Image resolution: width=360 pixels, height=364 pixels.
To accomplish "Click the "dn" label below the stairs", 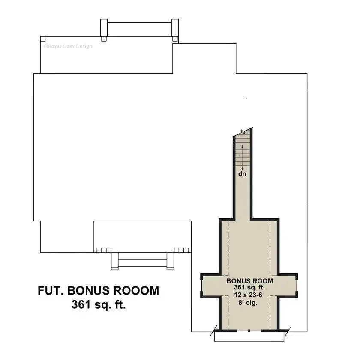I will (243, 174).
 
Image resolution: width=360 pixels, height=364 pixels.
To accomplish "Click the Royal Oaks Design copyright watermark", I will (67, 46).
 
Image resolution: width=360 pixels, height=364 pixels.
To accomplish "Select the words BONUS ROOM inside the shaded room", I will (249, 281).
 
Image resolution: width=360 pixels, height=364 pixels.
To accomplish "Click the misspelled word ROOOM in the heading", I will (136, 291).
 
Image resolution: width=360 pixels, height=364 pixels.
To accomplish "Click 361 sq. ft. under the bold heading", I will (99, 305).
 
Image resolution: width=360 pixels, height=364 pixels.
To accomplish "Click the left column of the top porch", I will (104, 30).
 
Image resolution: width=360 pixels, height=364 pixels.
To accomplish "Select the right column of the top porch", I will (175, 30).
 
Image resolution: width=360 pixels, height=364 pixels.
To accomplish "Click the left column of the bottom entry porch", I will (114, 261).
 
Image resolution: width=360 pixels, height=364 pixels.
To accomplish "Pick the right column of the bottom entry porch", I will (170, 261).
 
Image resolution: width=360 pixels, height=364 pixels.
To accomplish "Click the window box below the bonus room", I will (249, 337).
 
